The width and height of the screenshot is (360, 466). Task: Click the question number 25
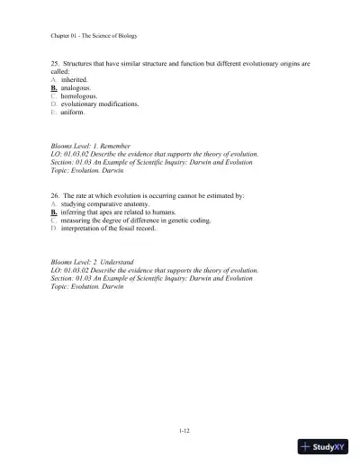click(x=55, y=64)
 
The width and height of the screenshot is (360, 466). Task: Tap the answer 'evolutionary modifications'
click(x=99, y=104)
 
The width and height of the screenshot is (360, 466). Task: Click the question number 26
click(x=55, y=195)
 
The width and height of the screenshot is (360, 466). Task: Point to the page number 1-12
click(x=184, y=431)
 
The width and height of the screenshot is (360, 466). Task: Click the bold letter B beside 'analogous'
click(x=54, y=88)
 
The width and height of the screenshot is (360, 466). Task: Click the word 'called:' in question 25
click(x=61, y=72)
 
